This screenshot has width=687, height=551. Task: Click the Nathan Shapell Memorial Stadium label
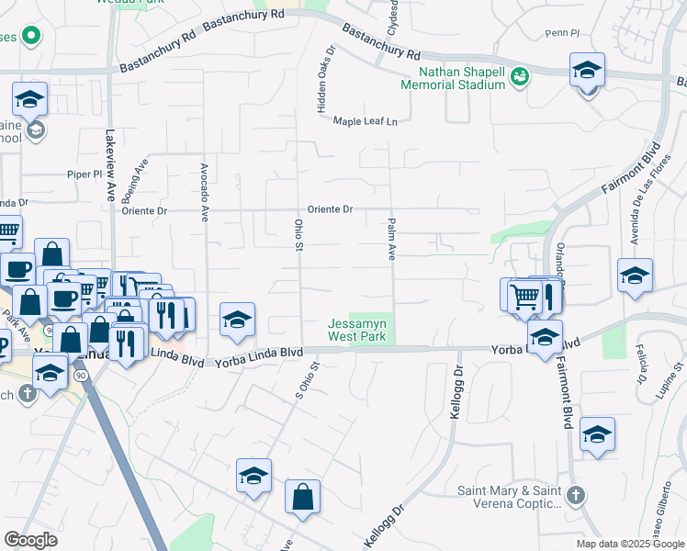pos(453,78)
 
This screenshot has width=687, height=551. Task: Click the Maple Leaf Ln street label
pos(366,121)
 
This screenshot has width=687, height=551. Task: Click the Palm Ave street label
pos(391,240)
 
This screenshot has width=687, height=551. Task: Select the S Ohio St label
pos(309,383)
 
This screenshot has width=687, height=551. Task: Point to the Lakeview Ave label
pos(110,177)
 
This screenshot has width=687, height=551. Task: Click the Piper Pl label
pos(84,173)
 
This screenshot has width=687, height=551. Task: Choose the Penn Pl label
pos(562,33)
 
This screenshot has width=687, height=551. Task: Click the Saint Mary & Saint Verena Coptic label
pos(509,497)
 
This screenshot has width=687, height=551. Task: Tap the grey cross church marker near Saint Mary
pos(575,496)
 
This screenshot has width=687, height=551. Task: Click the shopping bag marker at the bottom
pos(302,497)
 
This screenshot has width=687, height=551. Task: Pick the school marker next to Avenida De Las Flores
pos(635,276)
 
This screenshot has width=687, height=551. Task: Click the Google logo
pos(30,540)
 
